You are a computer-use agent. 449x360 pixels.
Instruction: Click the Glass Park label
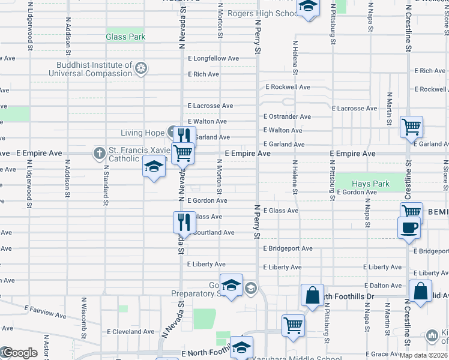[x=125, y=37]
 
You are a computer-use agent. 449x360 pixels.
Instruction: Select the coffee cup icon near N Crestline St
[x=409, y=228]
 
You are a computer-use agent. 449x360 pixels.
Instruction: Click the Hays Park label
[x=371, y=184]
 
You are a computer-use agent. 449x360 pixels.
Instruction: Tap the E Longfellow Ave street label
[x=213, y=59]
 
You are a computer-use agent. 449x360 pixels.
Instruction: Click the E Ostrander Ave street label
[x=287, y=116]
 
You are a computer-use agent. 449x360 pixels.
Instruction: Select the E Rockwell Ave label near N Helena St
[x=288, y=87]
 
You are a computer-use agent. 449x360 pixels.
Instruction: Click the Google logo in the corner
[x=19, y=353]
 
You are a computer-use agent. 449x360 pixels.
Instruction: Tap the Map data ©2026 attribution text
[x=423, y=355]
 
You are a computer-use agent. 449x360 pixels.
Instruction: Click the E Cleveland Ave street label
[x=130, y=331]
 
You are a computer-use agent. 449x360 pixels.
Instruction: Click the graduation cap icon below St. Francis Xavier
[x=154, y=167]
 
